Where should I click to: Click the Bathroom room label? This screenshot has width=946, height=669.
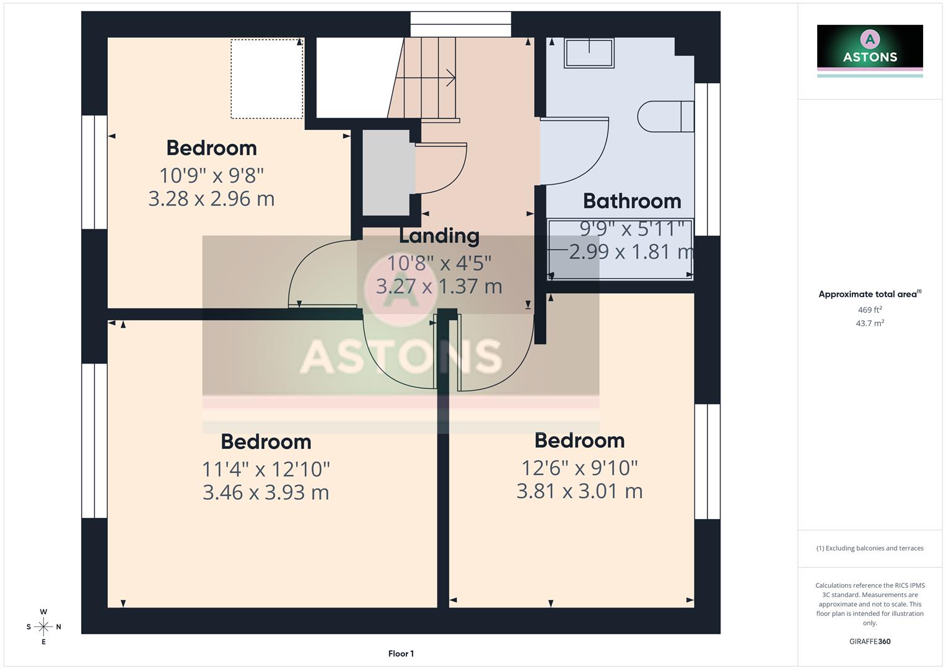tap(631, 201)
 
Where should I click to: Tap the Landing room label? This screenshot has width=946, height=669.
tap(439, 236)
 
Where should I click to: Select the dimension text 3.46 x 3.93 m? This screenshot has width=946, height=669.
tap(265, 492)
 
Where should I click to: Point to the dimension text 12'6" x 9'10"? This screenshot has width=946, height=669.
tap(579, 468)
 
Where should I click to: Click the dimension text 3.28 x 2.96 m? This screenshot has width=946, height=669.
tap(211, 199)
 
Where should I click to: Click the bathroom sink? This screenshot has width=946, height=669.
tap(589, 53)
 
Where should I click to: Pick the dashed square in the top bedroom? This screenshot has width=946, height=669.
tap(266, 79)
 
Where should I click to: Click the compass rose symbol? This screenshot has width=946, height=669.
tap(43, 627)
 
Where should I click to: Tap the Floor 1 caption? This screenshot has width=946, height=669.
tap(401, 654)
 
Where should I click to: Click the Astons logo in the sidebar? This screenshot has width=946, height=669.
tap(869, 50)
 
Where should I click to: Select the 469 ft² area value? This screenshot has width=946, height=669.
tap(869, 310)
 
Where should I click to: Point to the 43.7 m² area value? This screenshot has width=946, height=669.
tap(869, 323)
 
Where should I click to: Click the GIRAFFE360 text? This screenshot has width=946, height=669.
tap(869, 642)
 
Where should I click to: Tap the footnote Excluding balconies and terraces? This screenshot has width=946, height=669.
tap(869, 548)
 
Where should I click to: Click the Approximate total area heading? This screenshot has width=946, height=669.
tap(869, 294)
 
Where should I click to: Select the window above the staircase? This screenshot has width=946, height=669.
tap(460, 25)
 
